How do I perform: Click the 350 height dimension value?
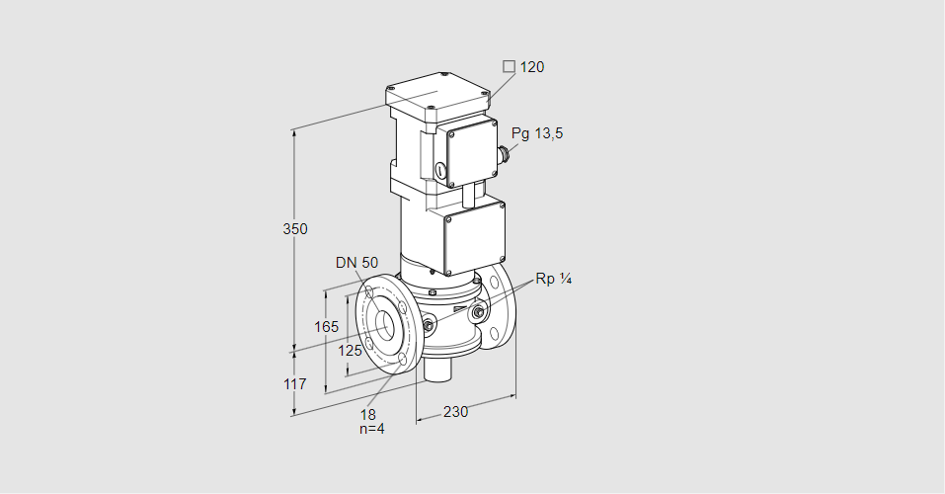click(x=295, y=229)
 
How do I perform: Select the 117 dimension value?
click(x=295, y=383)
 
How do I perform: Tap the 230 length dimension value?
click(x=455, y=412)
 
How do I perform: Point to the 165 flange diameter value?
click(x=327, y=327)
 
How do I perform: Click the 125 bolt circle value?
click(x=351, y=351)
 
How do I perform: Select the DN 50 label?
click(x=356, y=263)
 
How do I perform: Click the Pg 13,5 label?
click(x=537, y=134)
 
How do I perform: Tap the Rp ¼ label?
click(x=554, y=279)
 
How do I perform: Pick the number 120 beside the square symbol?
click(x=532, y=67)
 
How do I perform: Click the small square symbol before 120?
click(x=509, y=67)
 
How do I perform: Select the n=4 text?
click(x=371, y=429)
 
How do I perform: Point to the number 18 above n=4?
click(x=368, y=414)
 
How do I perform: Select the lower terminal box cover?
click(x=476, y=237)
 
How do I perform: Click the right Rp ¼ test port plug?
click(x=478, y=314)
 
